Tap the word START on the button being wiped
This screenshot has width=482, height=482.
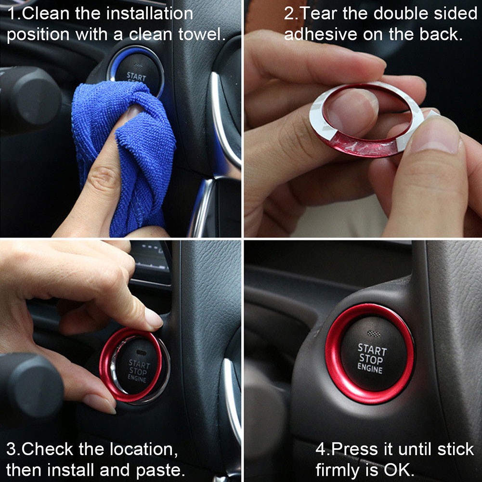point(136,76)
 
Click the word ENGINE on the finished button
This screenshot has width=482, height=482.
point(370,368)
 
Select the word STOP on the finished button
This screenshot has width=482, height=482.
point(371,359)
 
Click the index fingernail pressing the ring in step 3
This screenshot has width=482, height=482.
point(153,318)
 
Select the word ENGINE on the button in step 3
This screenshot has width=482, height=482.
point(137,378)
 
